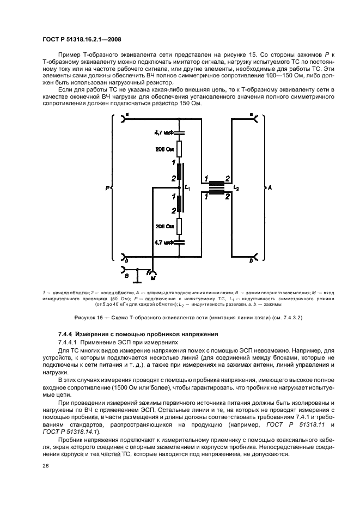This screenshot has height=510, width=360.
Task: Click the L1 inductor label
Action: click(188, 187)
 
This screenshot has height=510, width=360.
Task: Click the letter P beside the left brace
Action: click(108, 187)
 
